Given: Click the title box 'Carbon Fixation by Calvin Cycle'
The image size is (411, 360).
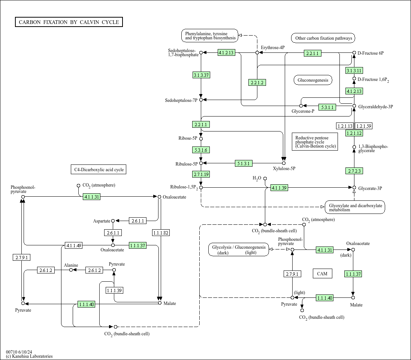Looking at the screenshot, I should click(69, 22).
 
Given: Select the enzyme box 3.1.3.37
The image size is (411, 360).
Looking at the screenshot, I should click(201, 75).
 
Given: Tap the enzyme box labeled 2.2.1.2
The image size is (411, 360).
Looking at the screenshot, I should click(257, 82).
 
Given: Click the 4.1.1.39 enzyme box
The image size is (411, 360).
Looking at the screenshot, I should click(279, 188).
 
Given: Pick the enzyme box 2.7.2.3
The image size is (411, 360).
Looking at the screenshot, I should click(354, 171).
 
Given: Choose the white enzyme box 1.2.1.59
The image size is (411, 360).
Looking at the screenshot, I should click(363, 126).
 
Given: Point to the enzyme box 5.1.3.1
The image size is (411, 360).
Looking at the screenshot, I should click(244, 163).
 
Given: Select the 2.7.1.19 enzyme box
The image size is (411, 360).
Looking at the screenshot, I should click(201, 174).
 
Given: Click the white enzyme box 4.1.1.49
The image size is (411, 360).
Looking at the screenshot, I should click(73, 245).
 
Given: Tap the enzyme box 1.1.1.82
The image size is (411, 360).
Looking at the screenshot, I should click(161, 233).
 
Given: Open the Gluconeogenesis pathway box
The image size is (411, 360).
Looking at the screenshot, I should click(313, 80).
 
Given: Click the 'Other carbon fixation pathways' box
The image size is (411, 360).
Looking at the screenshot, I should click(323, 38).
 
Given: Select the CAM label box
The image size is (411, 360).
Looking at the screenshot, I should click(322, 273).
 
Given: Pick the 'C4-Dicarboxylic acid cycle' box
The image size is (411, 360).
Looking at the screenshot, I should click(99, 170).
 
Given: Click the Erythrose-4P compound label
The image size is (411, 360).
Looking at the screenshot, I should click(273, 48).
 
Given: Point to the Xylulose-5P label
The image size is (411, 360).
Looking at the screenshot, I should click(284, 169).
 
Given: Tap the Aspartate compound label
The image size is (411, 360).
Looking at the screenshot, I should click(102, 221).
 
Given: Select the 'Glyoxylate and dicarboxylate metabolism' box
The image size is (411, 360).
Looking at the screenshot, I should click(355, 207).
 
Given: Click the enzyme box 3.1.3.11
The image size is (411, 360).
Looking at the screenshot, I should click(354, 70).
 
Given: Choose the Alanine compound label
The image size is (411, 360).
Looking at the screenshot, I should click(71, 265).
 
